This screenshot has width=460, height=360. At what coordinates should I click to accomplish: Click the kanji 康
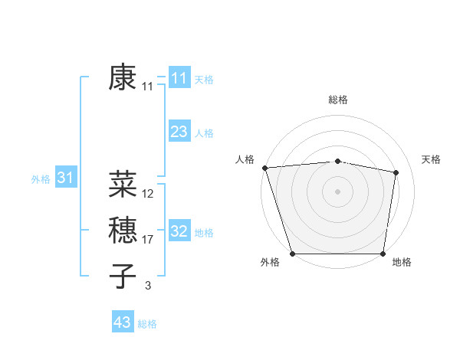[123, 77]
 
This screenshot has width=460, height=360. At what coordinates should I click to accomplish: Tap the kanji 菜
[123, 183]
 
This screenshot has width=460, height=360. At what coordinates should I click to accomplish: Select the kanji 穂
[123, 230]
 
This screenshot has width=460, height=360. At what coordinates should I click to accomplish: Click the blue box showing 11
[179, 78]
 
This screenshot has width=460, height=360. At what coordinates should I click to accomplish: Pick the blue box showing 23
[179, 132]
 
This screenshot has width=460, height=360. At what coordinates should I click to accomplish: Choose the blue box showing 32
[179, 231]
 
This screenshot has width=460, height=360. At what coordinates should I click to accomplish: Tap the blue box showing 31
[65, 178]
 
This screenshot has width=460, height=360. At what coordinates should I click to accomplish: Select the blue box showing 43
[123, 322]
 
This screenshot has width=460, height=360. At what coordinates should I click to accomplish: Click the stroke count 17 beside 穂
[148, 240]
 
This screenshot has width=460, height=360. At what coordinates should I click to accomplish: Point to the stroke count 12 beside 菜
[148, 194]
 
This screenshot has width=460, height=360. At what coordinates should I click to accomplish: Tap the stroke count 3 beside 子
[148, 286]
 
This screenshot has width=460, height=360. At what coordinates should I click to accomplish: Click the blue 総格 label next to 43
[147, 324]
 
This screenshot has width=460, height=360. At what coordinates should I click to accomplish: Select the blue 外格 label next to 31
[41, 179]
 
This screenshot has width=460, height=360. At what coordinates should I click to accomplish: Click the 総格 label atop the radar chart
[338, 100]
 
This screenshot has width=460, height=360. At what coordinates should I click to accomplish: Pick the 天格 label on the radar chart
[431, 159]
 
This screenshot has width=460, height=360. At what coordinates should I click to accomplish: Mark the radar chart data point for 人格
[264, 168]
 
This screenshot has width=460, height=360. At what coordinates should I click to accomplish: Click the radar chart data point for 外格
[293, 254]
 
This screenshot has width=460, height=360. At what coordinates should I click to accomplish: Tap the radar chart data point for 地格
[383, 254]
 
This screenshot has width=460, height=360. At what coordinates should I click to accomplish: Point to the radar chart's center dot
[338, 191]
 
